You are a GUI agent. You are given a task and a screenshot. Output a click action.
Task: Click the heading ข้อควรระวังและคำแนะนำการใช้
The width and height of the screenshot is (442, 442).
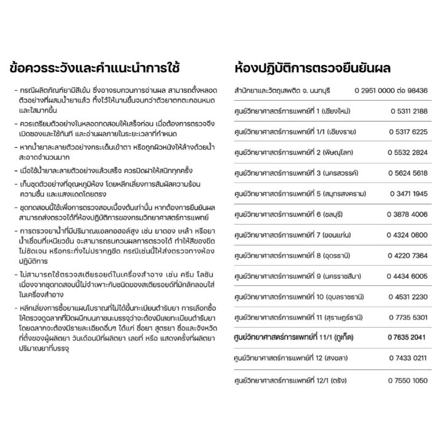(x=103, y=66)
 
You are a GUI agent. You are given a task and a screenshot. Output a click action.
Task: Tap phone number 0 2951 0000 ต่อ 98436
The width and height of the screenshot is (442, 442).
(x=390, y=91)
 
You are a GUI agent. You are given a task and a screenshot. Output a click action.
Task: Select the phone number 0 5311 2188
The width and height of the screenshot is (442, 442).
(x=408, y=111)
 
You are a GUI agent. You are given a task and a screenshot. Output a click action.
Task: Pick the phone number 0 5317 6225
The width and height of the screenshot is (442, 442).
(x=408, y=132)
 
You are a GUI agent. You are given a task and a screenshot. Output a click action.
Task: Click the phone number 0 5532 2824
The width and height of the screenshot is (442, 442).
(x=408, y=153)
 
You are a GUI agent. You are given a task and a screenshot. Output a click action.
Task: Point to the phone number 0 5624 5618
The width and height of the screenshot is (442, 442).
(x=408, y=174)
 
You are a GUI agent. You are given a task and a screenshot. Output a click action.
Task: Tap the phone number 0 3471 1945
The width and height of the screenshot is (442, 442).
(x=408, y=195)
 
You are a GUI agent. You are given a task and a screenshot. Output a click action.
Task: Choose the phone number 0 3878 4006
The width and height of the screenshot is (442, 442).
(x=408, y=215)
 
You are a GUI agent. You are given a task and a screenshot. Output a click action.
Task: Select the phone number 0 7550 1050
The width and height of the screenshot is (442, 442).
(x=408, y=381)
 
